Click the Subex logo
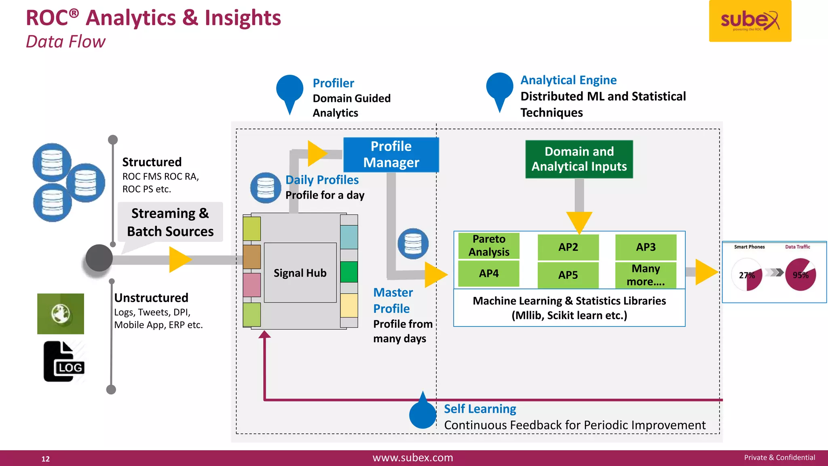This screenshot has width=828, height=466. [750, 21]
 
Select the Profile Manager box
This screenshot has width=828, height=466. [391, 155]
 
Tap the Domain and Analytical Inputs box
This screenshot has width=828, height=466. [579, 159]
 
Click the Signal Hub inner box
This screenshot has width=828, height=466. [300, 273]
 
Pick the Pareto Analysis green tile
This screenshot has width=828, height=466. [489, 246]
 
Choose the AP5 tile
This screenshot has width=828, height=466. [568, 275]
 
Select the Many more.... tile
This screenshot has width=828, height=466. [646, 275]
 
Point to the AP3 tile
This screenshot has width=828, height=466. [646, 247]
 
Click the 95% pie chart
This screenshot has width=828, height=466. [801, 275]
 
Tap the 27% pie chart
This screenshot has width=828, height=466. [747, 275]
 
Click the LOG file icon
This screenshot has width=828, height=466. [64, 361]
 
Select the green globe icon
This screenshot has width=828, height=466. [61, 314]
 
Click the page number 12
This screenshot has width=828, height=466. [46, 459]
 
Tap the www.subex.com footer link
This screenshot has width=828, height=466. [413, 458]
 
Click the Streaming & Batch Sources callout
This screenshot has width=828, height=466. [170, 222]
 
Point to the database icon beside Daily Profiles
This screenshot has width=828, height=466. [266, 188]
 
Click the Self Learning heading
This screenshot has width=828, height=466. [480, 409]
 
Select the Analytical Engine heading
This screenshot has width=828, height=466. [568, 80]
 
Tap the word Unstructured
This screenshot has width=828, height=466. [151, 298]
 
